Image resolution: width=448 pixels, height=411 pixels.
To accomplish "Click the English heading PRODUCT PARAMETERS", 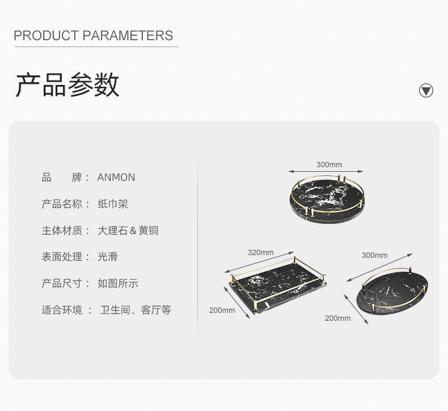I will coord(93,36).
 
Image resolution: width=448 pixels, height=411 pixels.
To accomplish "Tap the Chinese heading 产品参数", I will coord(67,86).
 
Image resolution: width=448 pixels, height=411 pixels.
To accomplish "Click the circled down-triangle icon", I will coord(426,91).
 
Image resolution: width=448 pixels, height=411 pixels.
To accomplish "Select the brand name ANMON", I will coord(116,177).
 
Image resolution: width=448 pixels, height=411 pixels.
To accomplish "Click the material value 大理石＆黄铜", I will coord(128,231).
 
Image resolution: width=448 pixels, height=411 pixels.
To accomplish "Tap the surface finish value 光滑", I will coord(107,257).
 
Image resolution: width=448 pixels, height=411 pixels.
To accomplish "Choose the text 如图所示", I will coord(118,283).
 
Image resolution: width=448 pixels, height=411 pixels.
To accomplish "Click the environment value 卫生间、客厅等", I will coord(136,310).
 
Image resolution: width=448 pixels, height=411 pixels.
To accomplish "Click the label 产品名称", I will coord(62,204).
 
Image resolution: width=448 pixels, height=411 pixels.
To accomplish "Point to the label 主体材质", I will coord(62,231).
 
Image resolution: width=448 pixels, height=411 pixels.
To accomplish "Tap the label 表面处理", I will coord(62,257).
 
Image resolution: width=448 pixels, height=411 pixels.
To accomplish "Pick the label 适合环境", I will coord(62,310).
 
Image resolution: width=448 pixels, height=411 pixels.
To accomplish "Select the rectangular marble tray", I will coord(278,283).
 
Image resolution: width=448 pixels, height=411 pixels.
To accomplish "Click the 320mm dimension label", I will coord(260,253).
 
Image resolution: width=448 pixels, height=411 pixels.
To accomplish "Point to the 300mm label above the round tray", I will coord(329,165).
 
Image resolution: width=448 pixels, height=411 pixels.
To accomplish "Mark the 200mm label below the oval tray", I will coord(337,318).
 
